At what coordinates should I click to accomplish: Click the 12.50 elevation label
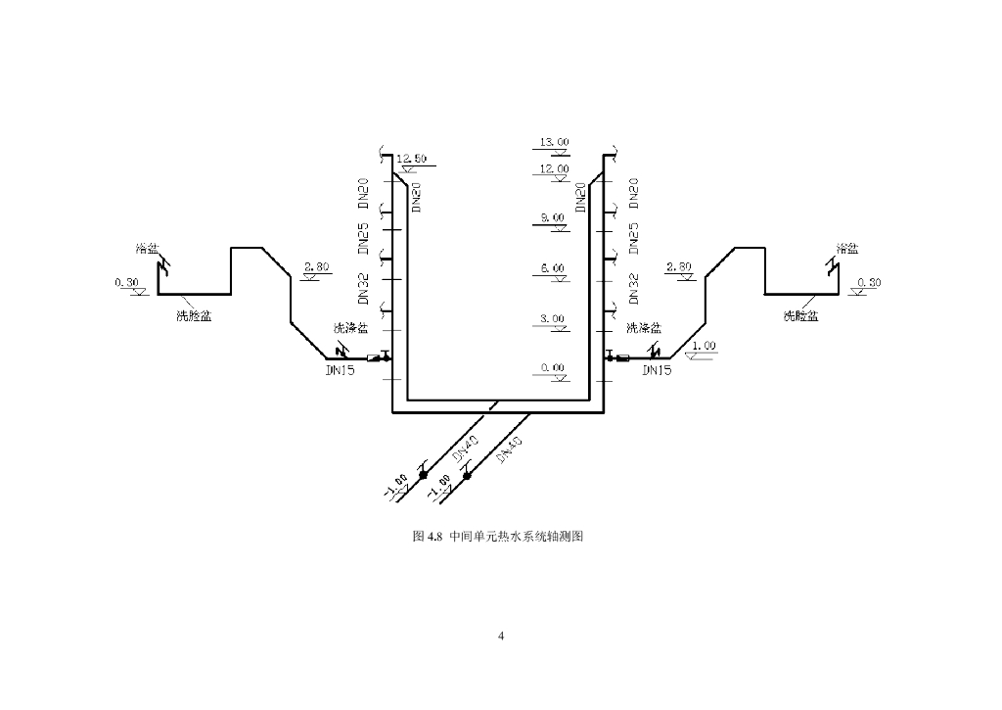pyautogui.click(x=412, y=158)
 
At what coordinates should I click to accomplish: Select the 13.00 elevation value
pyautogui.click(x=555, y=142)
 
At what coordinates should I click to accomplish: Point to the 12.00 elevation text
pyautogui.click(x=555, y=168)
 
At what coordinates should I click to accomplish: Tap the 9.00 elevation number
pyautogui.click(x=553, y=217)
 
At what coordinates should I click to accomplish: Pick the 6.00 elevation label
pyautogui.click(x=553, y=268)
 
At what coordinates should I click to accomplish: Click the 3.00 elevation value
pyautogui.click(x=553, y=318)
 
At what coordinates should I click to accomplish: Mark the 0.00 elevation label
pyautogui.click(x=553, y=368)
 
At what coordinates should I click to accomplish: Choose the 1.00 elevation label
pyautogui.click(x=704, y=346)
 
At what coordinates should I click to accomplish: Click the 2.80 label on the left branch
pyautogui.click(x=318, y=266)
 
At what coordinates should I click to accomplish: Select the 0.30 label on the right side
pyautogui.click(x=868, y=282)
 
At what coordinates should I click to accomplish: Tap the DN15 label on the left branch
pyautogui.click(x=342, y=371)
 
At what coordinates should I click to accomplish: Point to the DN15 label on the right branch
pyautogui.click(x=658, y=371)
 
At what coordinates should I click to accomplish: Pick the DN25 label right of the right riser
pyautogui.click(x=633, y=238)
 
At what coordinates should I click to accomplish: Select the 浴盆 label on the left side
pyautogui.click(x=148, y=249)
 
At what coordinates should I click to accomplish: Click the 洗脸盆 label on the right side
pyautogui.click(x=800, y=315)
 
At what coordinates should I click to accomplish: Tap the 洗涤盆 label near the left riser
pyautogui.click(x=350, y=328)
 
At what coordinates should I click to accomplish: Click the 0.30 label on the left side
pyautogui.click(x=127, y=283)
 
